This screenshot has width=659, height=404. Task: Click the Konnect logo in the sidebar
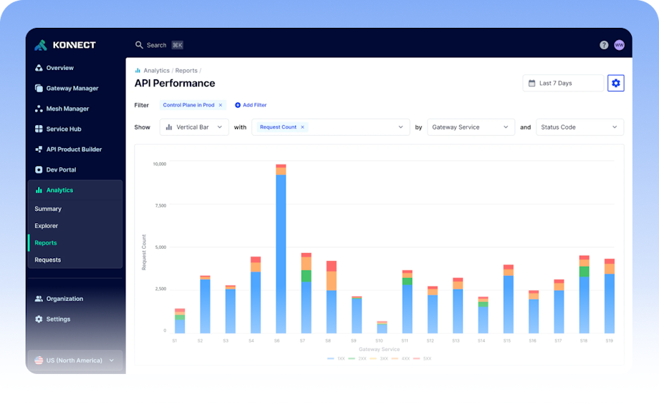click(x=65, y=45)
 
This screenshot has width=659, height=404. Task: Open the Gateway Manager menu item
click(x=72, y=89)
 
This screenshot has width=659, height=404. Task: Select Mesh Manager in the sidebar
click(x=67, y=109)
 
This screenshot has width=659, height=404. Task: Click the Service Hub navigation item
click(x=63, y=129)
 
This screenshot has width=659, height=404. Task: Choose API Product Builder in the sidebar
click(x=74, y=149)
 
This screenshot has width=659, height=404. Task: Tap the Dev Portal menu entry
click(x=61, y=170)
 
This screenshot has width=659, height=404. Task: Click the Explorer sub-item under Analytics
click(x=47, y=226)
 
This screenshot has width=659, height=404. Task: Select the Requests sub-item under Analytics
click(x=48, y=260)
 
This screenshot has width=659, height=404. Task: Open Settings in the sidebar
click(x=58, y=320)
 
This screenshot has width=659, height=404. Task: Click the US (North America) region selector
click(x=75, y=360)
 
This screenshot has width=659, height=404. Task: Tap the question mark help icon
click(x=604, y=45)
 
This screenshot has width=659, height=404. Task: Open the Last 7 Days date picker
click(x=562, y=84)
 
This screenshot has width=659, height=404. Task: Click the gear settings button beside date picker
click(x=616, y=84)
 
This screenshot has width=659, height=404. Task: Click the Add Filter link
click(x=251, y=105)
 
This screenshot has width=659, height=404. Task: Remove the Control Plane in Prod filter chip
click(x=221, y=105)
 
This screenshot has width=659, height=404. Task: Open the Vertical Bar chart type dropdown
click(x=193, y=127)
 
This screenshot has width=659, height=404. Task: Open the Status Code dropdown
click(x=579, y=127)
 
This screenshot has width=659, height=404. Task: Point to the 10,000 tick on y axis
click(x=159, y=164)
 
